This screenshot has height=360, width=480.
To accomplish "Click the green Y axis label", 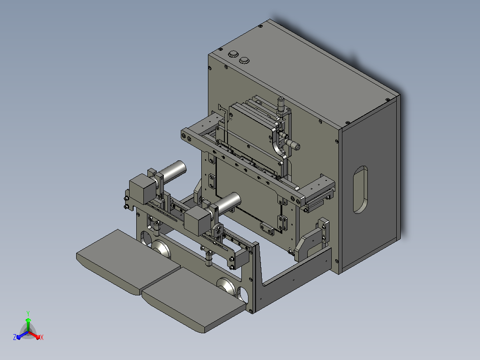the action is [28, 313].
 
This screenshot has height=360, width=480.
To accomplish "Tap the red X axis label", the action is [42, 337].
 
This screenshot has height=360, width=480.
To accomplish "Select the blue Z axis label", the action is [15, 337].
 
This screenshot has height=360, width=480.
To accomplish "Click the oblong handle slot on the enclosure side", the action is [360, 190].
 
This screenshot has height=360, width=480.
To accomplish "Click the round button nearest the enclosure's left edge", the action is [233, 54].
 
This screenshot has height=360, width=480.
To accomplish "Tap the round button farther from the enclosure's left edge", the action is [244, 60].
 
